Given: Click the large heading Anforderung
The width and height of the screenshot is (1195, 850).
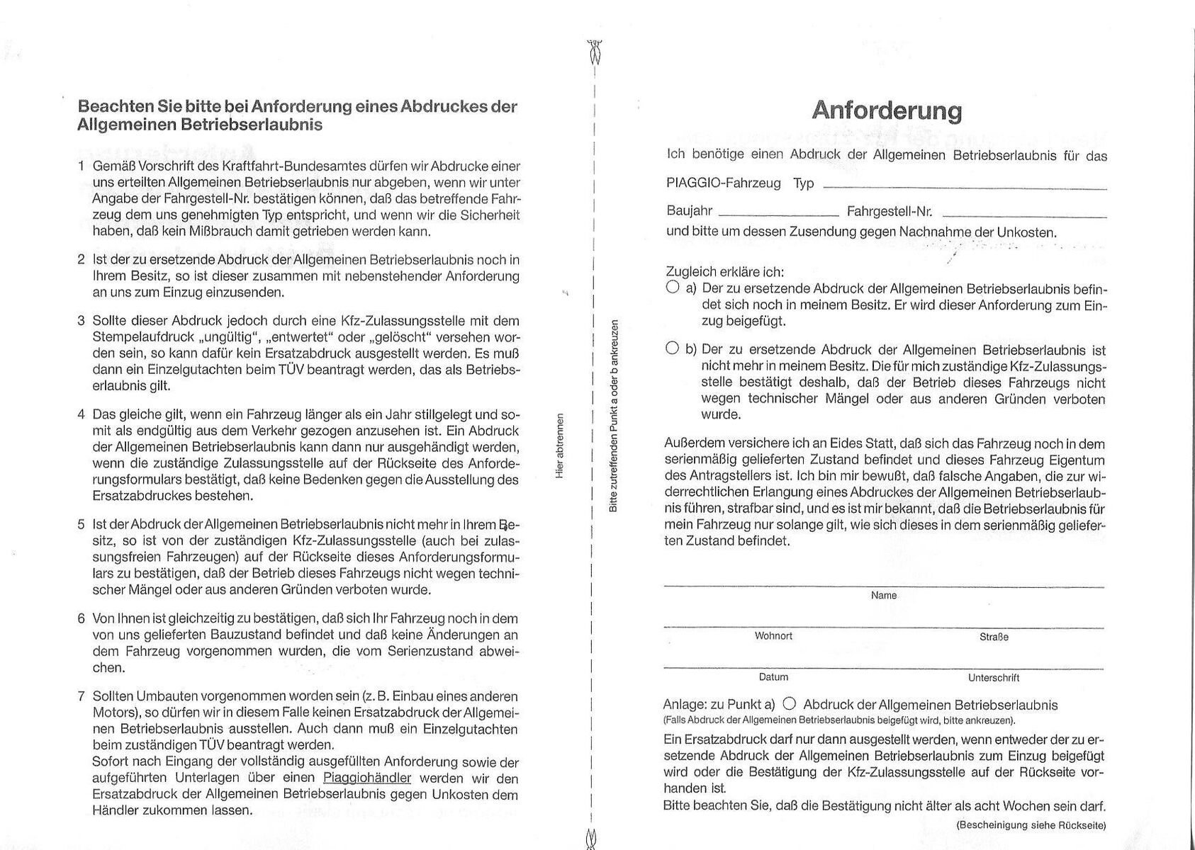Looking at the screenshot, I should tap(887, 110).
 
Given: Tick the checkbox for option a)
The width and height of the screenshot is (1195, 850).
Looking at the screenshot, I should tap(673, 288).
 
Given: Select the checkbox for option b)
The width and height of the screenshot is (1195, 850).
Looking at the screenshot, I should tap(673, 348).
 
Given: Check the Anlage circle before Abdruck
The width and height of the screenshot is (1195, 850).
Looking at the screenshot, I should tap(789, 704).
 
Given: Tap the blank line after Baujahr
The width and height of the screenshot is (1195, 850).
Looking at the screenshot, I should tap(778, 214).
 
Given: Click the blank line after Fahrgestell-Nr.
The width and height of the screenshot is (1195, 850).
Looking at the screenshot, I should tap(1024, 214).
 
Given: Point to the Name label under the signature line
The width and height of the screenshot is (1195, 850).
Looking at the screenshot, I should tap(884, 596).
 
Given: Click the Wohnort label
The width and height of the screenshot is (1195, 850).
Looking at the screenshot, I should tap(773, 636).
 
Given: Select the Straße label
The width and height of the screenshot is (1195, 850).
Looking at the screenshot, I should tap(994, 637).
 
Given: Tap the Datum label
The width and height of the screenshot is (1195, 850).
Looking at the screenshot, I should tap(773, 677).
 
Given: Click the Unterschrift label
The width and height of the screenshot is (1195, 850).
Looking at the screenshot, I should tap(994, 678).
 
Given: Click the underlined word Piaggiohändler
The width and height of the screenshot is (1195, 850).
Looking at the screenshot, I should tap(366, 778).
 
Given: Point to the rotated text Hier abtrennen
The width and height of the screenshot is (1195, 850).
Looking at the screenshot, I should tap(560, 446).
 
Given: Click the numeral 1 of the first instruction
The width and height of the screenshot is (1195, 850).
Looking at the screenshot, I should tap(82, 166).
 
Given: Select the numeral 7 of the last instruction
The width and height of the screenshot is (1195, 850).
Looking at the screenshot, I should tap(82, 696).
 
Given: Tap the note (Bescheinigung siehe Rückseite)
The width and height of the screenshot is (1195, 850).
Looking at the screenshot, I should tap(1031, 825).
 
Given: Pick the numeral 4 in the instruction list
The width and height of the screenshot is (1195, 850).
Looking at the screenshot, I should tap(82, 414).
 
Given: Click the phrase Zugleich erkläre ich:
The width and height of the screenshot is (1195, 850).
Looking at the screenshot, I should tap(725, 272).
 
